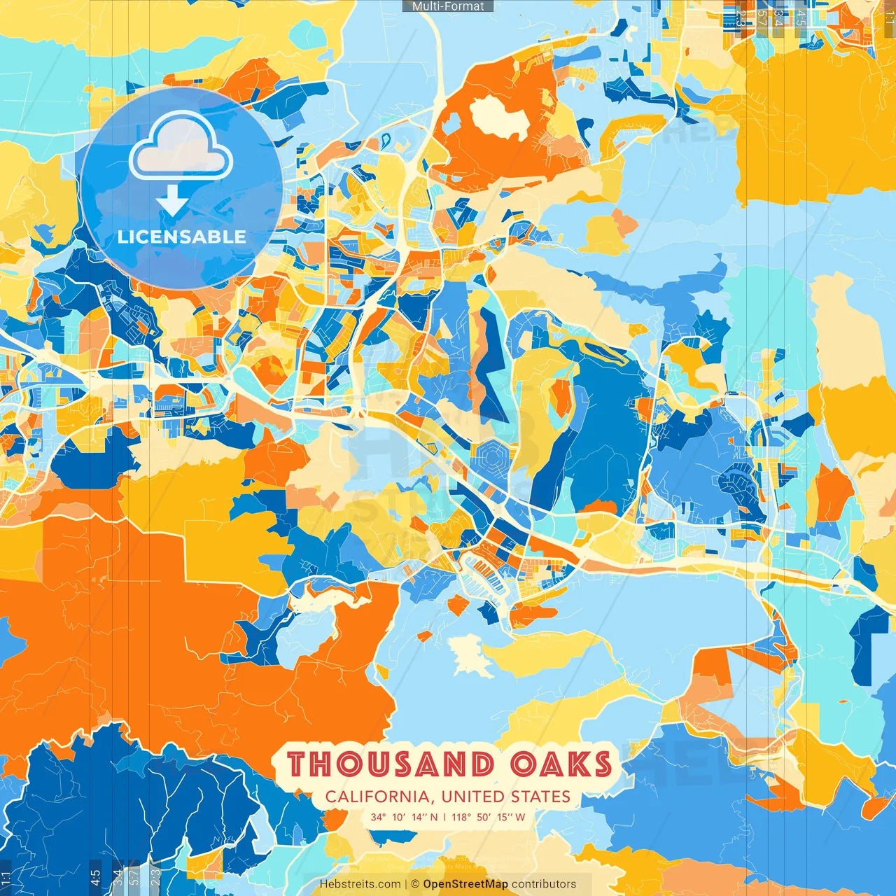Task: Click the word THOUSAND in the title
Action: click(390, 764)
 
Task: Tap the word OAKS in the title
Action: click(561, 764)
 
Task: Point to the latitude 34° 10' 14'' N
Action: click(404, 817)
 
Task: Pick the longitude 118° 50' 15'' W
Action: click(489, 817)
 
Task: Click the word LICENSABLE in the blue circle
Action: click(182, 237)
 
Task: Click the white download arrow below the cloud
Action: click(172, 202)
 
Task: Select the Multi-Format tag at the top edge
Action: click(448, 6)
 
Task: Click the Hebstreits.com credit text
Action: click(360, 884)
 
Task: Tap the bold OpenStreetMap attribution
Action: click(465, 884)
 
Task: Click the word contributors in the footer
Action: click(544, 884)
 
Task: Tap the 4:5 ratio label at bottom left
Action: click(95, 876)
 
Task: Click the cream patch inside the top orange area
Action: click(498, 117)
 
